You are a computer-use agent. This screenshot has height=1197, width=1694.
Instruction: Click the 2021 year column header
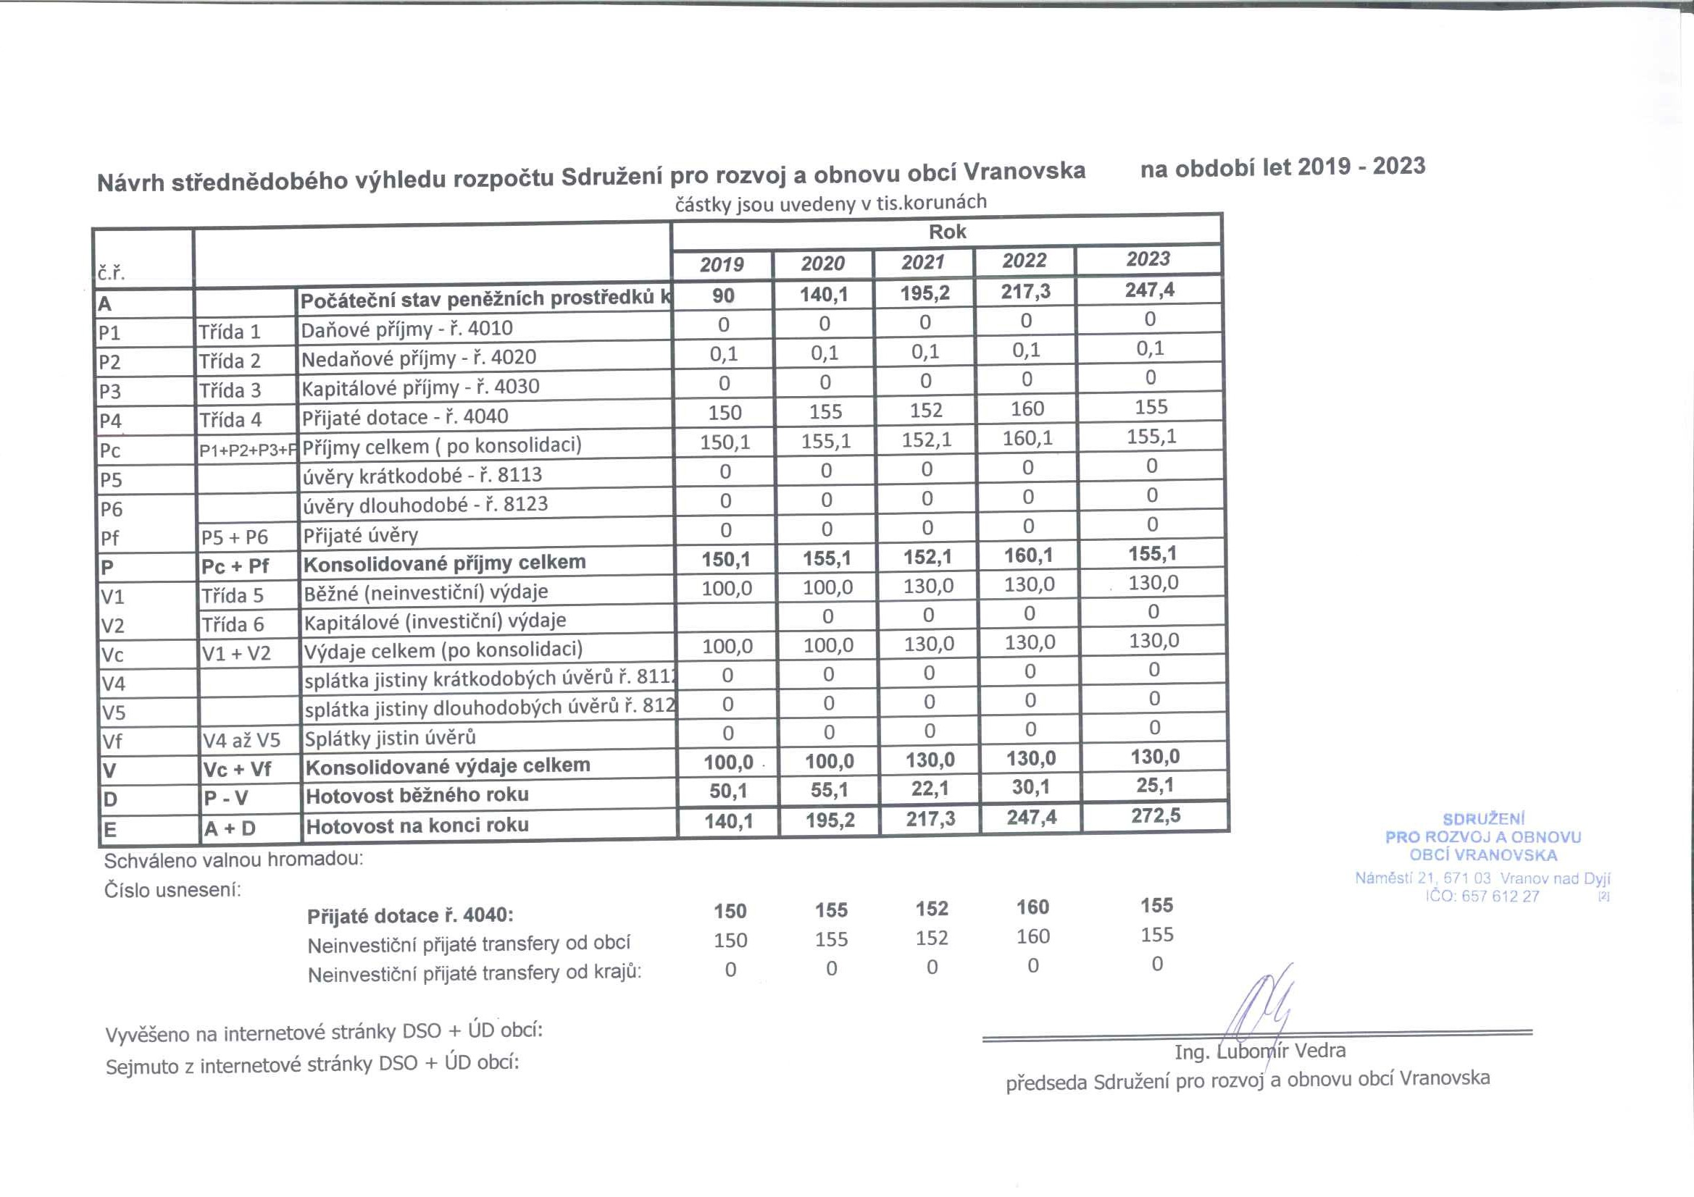tap(923, 263)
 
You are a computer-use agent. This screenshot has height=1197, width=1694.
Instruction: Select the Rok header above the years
tap(946, 232)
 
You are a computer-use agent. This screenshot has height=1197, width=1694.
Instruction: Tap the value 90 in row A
tap(723, 295)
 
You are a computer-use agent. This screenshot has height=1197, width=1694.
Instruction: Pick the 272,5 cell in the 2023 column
tap(1156, 815)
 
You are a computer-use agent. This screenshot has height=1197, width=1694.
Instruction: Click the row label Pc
tap(110, 450)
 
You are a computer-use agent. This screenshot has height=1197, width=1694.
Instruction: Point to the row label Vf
tap(112, 742)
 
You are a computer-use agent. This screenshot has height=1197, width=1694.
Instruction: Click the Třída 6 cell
tap(233, 625)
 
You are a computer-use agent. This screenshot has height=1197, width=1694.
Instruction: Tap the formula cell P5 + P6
tap(235, 537)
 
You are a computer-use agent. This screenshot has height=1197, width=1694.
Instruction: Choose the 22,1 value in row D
tap(930, 789)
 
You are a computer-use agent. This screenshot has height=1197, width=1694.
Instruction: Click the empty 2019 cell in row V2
tap(726, 617)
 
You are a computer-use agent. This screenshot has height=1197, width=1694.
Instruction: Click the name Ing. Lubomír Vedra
tap(1259, 1051)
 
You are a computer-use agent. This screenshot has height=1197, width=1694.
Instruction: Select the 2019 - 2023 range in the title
tap(1361, 167)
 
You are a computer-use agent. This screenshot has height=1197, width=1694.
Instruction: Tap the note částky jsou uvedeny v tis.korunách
tap(831, 203)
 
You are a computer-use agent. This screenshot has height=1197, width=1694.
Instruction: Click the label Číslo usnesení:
tap(172, 890)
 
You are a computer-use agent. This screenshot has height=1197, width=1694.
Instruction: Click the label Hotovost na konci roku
tap(417, 826)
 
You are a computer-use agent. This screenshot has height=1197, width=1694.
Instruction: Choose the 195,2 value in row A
tap(925, 293)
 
